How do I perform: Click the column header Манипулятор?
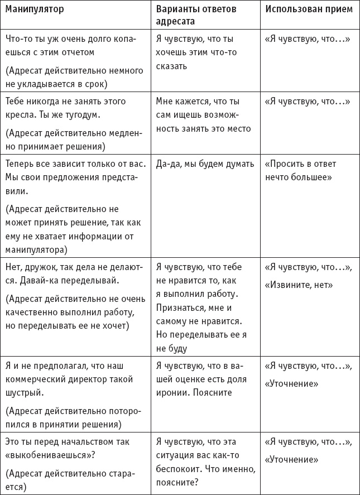[x=34, y=10]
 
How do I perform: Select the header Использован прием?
[x=308, y=10]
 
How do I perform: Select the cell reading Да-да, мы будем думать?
[x=205, y=164]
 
